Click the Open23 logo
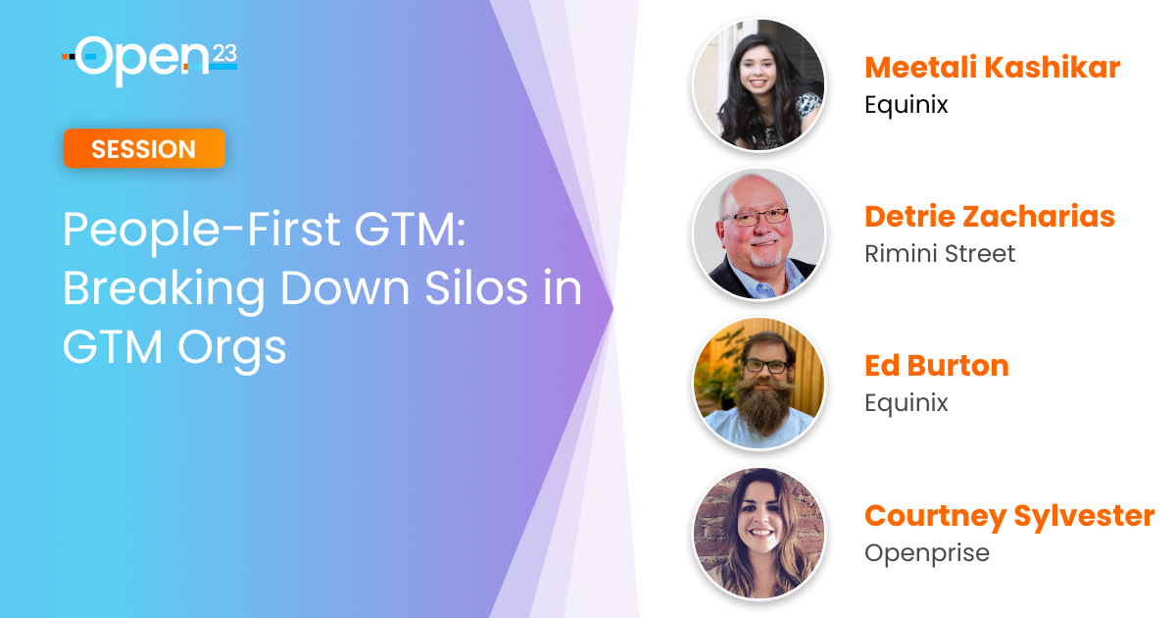coord(150,61)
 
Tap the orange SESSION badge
coord(144,149)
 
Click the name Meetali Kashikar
coord(992,68)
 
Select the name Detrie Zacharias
coord(990,217)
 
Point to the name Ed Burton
coord(937,366)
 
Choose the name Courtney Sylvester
coord(1009,516)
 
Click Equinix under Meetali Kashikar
coord(906,105)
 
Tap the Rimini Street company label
coord(940,254)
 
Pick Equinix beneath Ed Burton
coord(906,403)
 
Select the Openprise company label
coord(927,553)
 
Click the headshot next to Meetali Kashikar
coord(759,84)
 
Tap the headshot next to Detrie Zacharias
coord(759,233)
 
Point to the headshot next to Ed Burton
coord(759,384)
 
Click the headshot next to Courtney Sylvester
coord(759,533)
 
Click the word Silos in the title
coord(475,288)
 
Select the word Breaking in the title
coord(164,290)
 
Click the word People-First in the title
coord(202,231)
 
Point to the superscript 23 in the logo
coord(224,54)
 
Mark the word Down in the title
coord(345,288)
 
